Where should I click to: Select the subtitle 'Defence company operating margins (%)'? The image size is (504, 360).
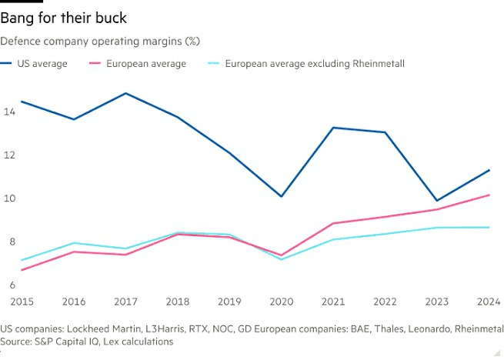(x=100, y=40)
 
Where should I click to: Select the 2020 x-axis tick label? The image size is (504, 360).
(x=282, y=302)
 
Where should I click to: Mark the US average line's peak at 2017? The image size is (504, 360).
(x=125, y=93)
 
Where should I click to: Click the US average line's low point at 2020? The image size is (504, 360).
(x=282, y=196)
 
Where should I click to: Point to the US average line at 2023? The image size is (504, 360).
(x=438, y=201)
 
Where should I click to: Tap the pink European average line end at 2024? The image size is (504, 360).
(x=489, y=195)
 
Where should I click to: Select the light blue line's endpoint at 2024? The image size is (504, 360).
(x=489, y=227)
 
